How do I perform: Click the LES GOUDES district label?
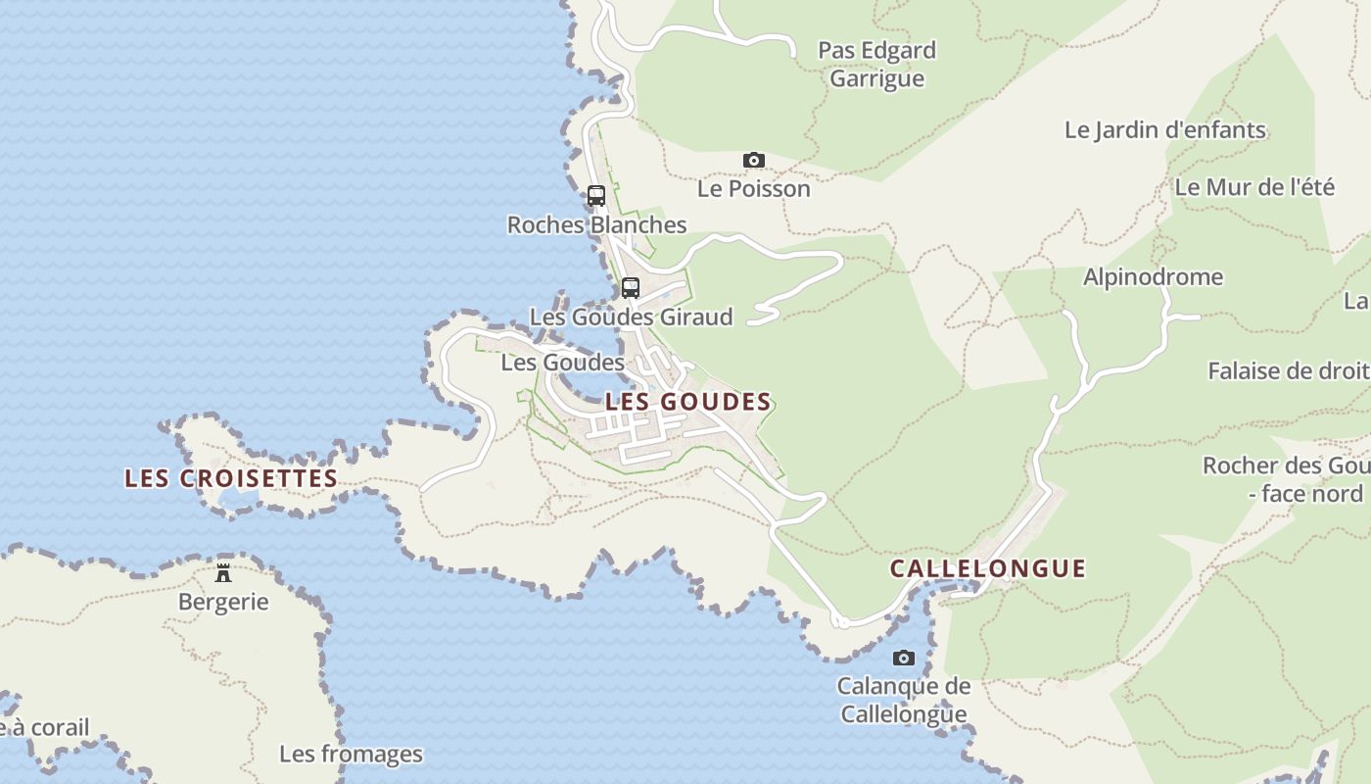[688, 402]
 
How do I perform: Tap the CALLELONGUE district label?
[988, 568]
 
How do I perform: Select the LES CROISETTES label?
[231, 478]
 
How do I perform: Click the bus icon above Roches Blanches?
[596, 195]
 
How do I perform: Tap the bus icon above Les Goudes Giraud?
[631, 288]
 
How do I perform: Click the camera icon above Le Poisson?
[753, 160]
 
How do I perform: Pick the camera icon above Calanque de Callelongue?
[903, 658]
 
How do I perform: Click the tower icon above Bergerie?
[223, 572]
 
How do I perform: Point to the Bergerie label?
[223, 602]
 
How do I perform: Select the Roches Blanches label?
[596, 224]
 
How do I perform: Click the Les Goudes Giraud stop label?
[631, 317]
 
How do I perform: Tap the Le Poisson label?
[753, 188]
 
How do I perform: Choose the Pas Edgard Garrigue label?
[876, 64]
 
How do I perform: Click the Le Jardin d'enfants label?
[1164, 129]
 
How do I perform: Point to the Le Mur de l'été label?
[1253, 186]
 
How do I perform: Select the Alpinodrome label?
[1153, 276]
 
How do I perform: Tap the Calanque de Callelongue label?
[903, 700]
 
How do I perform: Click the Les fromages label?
[351, 754]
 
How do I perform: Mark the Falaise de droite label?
[1288, 370]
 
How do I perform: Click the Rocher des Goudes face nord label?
[1285, 479]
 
